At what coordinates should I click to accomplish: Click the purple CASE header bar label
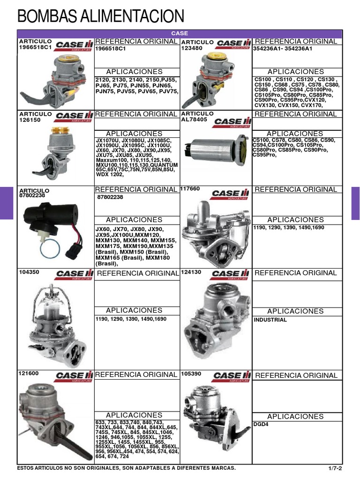(x=180, y=34)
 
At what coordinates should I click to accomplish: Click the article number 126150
(x=29, y=120)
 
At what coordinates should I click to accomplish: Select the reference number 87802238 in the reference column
(x=110, y=197)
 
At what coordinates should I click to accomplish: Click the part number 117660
(x=190, y=189)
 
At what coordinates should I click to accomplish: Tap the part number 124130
(x=191, y=272)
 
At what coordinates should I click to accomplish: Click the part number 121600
(x=29, y=374)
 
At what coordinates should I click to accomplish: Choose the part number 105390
(x=191, y=374)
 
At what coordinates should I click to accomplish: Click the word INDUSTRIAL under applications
(x=270, y=320)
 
